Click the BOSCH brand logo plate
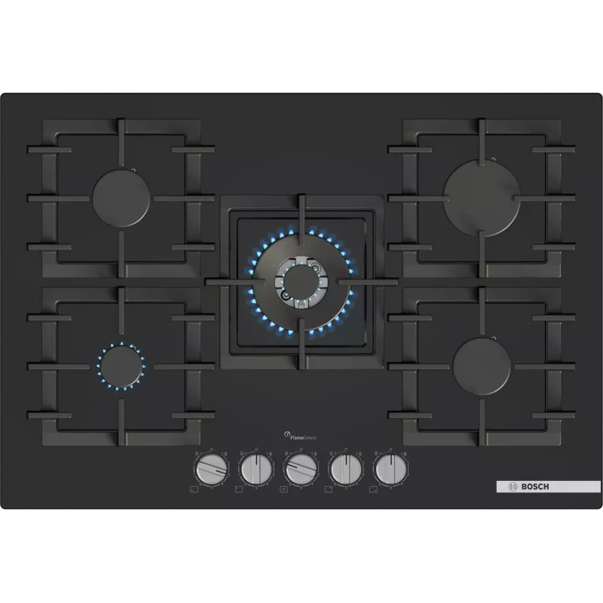point(537,486)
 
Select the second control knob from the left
point(255,470)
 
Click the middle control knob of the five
point(299,470)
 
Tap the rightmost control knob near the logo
point(389,470)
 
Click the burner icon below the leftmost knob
point(194,490)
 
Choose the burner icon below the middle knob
point(283,490)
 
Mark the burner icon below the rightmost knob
point(373,490)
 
